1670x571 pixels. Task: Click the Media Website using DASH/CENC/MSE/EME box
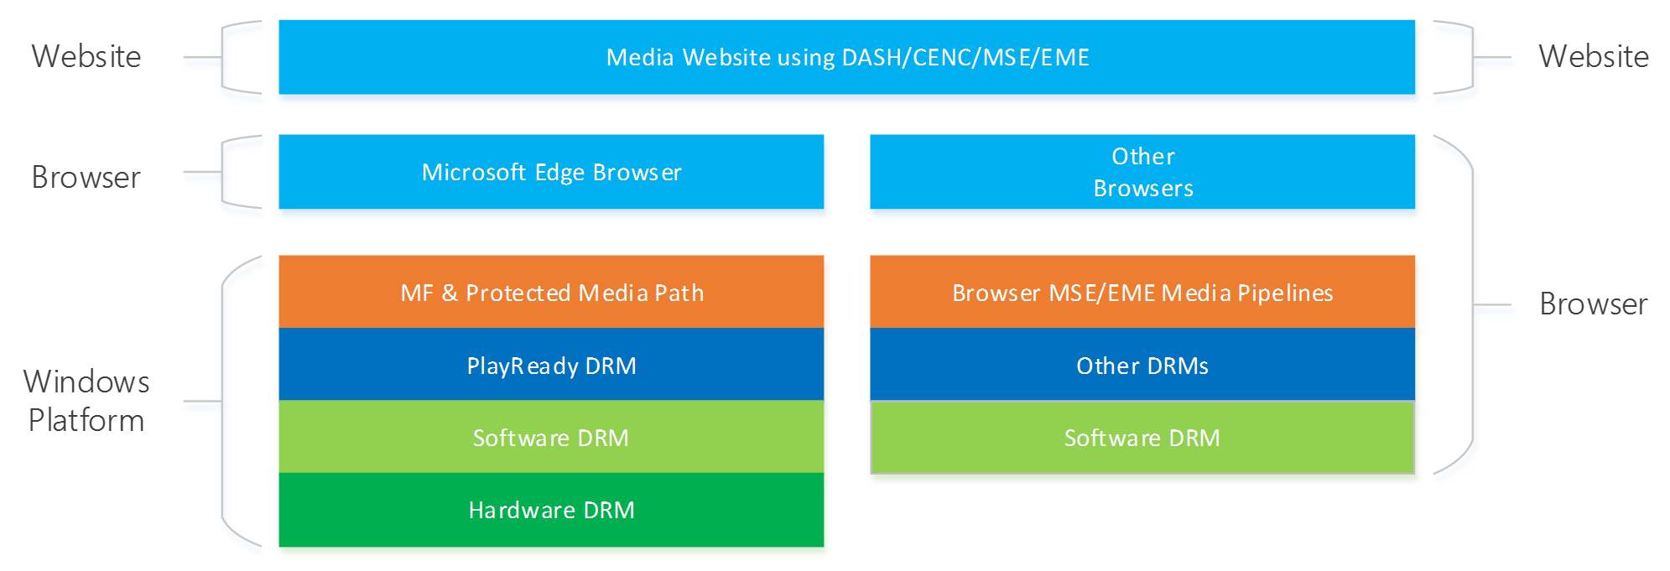846,57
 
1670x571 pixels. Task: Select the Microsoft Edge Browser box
551,172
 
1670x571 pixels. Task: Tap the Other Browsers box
1142,172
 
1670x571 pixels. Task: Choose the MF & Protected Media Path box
551,292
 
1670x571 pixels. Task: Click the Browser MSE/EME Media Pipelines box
1142,292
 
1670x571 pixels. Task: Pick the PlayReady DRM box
551,365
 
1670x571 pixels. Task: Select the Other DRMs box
1142,365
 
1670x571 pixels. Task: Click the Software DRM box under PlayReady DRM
551,437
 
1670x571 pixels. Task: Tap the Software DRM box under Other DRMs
1142,437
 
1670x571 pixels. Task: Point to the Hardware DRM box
551,510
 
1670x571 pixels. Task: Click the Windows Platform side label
86,401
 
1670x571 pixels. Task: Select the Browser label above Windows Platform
86,178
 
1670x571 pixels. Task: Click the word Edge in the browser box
559,173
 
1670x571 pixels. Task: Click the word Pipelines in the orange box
1285,293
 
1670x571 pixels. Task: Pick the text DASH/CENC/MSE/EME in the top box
965,58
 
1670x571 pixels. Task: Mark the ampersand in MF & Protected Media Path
450,293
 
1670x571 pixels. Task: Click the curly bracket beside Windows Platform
222,401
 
